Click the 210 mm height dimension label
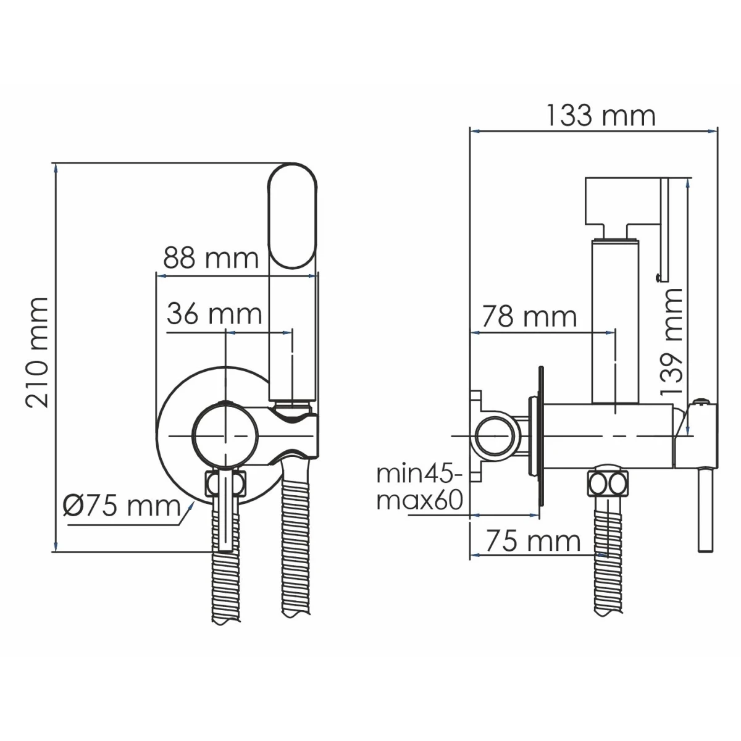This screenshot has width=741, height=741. [37, 352]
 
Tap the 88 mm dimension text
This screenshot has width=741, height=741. [211, 258]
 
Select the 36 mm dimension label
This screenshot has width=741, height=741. [214, 314]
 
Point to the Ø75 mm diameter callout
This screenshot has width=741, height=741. [122, 506]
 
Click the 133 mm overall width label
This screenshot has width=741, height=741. [601, 115]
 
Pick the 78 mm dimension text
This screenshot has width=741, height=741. [529, 317]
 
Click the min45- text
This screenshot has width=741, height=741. [419, 474]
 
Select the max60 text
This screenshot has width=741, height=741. [419, 500]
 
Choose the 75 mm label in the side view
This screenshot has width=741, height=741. [533, 541]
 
